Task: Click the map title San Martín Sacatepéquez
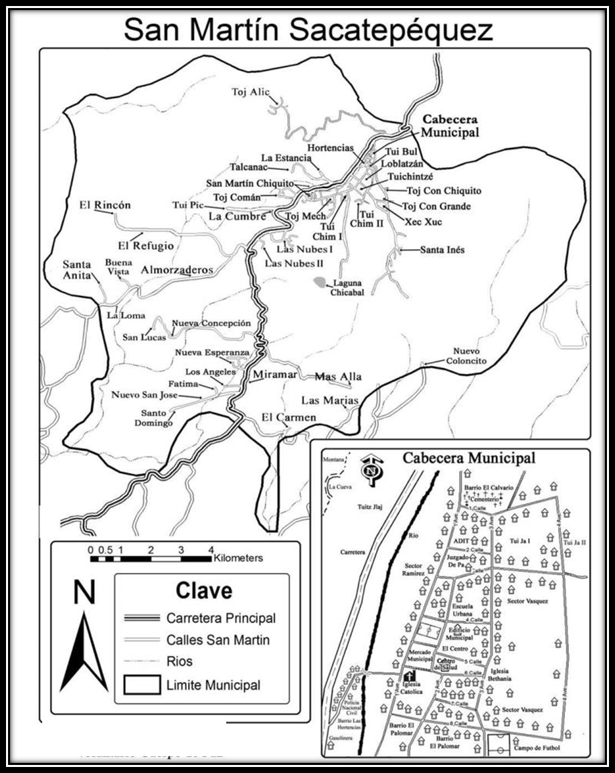tap(308, 29)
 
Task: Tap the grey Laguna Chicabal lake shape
tap(321, 283)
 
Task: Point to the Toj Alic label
tap(250, 92)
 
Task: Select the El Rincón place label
tap(105, 205)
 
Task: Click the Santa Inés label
tap(442, 250)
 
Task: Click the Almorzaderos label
tap(177, 270)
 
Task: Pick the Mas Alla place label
tap(338, 377)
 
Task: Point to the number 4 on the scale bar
tap(211, 549)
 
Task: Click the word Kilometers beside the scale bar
tap(239, 557)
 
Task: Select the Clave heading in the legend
tap(203, 591)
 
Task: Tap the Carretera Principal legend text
tap(221, 618)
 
